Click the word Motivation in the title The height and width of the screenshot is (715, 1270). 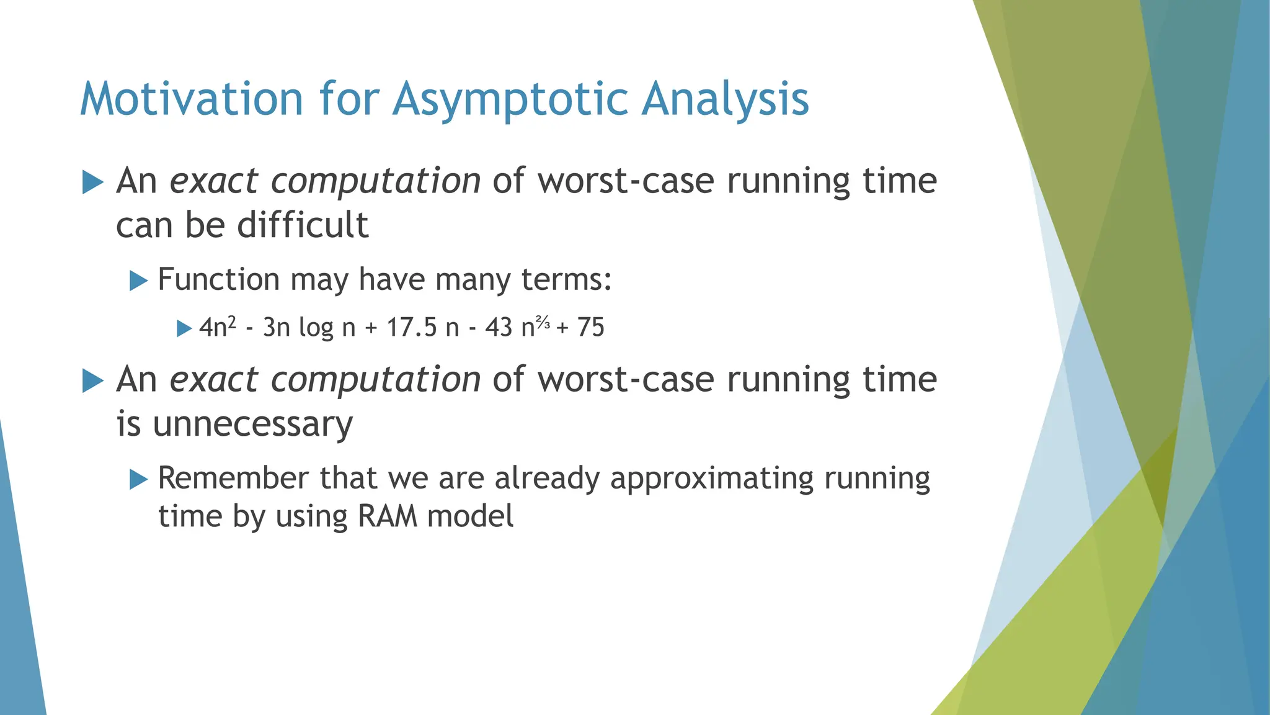pos(191,99)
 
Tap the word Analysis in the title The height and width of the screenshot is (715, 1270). pos(725,99)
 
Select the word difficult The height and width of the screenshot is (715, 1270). pos(303,225)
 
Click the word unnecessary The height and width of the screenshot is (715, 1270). pos(253,425)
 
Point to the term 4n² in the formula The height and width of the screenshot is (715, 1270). pos(217,327)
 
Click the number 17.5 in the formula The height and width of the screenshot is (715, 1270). pos(412,327)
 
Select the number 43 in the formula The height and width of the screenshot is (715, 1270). pos(499,327)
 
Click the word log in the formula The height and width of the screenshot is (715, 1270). pos(316,327)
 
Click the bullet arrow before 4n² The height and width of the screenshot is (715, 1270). pos(184,328)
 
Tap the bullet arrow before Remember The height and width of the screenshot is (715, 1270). pos(138,480)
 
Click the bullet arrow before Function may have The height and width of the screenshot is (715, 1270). pos(138,281)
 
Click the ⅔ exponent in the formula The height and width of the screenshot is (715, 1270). pos(543,322)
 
